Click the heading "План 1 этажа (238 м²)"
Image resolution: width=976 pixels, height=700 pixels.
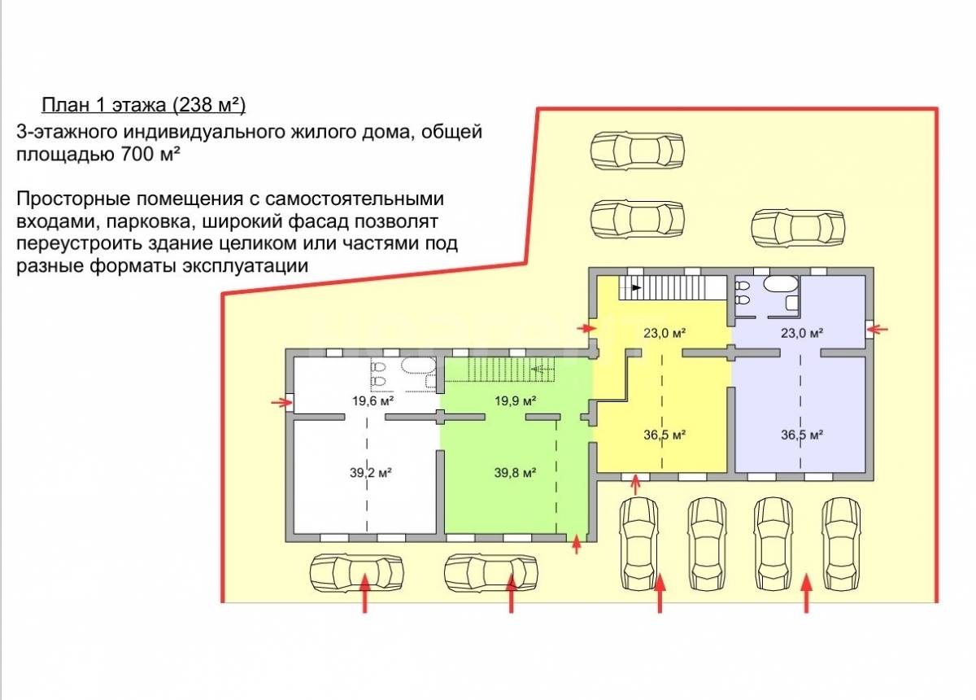click(x=143, y=105)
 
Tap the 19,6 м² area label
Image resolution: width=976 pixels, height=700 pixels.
click(x=373, y=400)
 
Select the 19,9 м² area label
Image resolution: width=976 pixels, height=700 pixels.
click(x=516, y=400)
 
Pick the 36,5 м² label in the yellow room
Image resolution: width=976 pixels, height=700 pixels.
click(x=664, y=435)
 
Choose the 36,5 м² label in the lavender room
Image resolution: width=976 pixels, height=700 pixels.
click(x=803, y=435)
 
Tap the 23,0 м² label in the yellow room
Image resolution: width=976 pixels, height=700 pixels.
click(x=664, y=332)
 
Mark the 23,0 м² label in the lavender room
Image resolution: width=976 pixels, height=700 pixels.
click(x=803, y=332)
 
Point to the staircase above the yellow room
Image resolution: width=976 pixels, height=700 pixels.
click(x=672, y=287)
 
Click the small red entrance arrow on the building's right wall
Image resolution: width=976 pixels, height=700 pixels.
click(x=878, y=329)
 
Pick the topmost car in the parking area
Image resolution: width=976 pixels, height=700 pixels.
click(x=637, y=151)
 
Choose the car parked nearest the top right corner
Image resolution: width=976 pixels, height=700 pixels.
click(x=798, y=228)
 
